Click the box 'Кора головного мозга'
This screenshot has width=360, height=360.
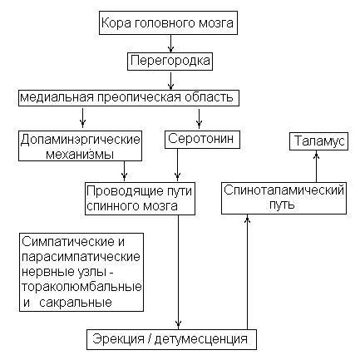(x=168, y=22)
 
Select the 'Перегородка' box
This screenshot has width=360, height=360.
(x=170, y=61)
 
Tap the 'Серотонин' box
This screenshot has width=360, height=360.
(x=202, y=140)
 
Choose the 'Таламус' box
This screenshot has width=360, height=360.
(x=318, y=141)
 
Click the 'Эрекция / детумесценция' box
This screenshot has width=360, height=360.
(x=171, y=339)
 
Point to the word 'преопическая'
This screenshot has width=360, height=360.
(x=139, y=97)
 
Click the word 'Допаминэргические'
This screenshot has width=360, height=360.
(x=81, y=139)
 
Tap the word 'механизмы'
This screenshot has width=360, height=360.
(x=80, y=155)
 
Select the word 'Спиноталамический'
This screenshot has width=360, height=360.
(x=284, y=190)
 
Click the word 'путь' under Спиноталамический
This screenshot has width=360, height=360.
(x=282, y=205)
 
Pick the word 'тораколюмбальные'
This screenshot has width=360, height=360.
(x=81, y=287)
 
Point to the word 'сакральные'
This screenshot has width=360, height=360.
(x=76, y=302)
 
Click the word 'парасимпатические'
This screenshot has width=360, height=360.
(x=81, y=257)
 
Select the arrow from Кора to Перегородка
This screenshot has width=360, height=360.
(x=170, y=43)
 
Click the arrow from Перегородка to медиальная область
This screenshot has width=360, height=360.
(x=170, y=81)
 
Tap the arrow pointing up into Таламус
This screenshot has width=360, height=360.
(x=316, y=166)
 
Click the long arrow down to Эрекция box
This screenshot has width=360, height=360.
(x=178, y=272)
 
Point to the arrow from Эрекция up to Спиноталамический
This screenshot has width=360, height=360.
(x=247, y=272)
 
